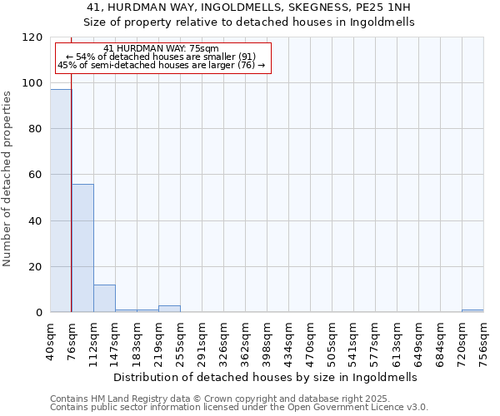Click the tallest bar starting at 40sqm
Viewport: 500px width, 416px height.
(x=61, y=201)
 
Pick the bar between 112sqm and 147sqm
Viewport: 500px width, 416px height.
(x=104, y=299)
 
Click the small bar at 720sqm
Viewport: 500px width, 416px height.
(x=472, y=311)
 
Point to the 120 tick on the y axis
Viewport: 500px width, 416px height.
(x=33, y=37)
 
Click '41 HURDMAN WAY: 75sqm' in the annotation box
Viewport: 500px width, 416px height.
(x=162, y=48)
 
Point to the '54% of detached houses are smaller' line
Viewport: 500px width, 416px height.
(x=162, y=57)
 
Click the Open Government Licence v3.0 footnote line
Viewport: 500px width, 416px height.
(x=239, y=407)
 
